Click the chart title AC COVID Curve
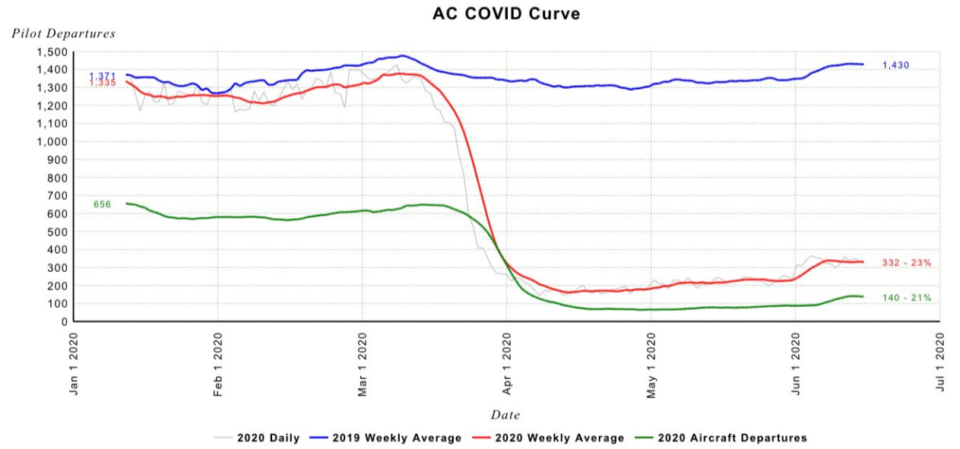(506, 14)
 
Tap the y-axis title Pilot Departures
(63, 33)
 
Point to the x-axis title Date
(505, 415)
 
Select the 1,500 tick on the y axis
(52, 52)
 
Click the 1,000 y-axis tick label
(52, 142)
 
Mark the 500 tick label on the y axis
(59, 232)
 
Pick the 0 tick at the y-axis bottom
(65, 321)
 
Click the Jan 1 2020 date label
(74, 364)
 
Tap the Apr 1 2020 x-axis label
(507, 364)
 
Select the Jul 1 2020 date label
(940, 362)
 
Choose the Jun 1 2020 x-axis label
(796, 364)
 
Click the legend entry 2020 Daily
(257, 438)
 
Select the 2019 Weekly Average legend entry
(385, 438)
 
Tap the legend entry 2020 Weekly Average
(548, 438)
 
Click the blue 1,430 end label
(895, 65)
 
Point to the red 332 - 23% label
(907, 263)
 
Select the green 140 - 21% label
(907, 298)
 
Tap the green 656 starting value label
(103, 204)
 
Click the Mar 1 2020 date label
(363, 364)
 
